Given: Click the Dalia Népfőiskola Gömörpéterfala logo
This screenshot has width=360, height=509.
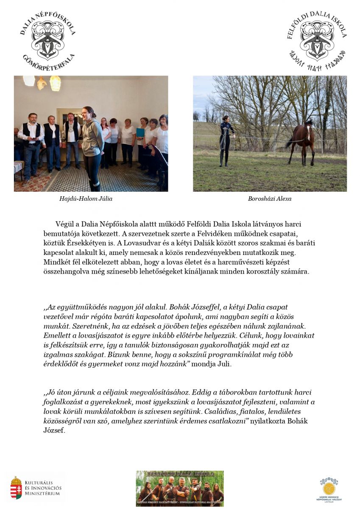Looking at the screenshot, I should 47,41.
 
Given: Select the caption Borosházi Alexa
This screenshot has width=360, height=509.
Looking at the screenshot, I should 270,199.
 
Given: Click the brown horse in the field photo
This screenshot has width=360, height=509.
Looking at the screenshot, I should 302,142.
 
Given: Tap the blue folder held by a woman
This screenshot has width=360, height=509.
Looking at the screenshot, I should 140,132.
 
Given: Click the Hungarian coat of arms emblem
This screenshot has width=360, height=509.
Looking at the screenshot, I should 16,487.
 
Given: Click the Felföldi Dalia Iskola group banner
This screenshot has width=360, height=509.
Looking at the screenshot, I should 179,488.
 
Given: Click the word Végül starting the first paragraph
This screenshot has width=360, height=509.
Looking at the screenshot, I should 64,224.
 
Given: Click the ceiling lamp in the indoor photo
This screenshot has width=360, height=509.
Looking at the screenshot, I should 55,83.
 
